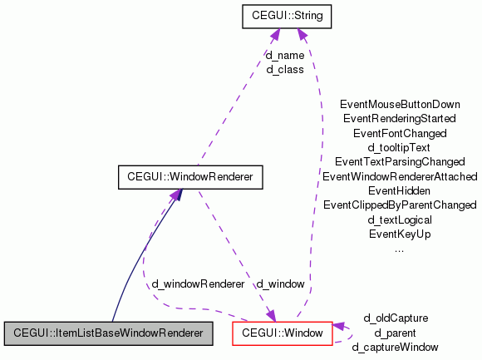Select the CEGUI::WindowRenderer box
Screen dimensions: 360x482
[x=190, y=177]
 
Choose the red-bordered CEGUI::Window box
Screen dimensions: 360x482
[x=282, y=333]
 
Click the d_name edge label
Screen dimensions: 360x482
[x=284, y=56]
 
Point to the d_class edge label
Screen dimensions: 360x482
[x=284, y=70]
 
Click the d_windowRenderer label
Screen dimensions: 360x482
[x=198, y=284]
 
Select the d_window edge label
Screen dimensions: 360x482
[x=280, y=284]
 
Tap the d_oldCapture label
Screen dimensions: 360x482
[x=396, y=318]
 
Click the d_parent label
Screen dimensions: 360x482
[x=396, y=333]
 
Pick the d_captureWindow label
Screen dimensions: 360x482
[x=396, y=347]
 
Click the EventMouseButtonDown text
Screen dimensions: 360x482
[x=400, y=104]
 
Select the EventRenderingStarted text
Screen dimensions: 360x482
[x=400, y=118]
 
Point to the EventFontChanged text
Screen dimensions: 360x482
[x=400, y=132]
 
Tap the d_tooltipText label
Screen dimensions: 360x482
[x=400, y=147]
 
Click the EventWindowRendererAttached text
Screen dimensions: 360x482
[x=400, y=176]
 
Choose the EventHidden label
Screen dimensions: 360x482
[x=400, y=190]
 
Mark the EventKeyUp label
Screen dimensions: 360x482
[x=400, y=234]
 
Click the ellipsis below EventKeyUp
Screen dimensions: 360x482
[x=400, y=248]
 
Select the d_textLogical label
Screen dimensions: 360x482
[x=400, y=220]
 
